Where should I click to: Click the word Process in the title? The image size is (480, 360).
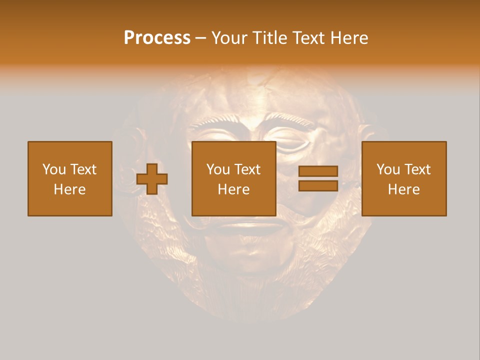(157, 37)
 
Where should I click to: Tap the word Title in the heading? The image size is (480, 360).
(270, 37)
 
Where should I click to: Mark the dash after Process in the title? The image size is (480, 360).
(200, 38)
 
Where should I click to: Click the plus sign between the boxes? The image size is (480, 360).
(152, 179)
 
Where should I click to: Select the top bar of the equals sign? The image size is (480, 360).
(318, 171)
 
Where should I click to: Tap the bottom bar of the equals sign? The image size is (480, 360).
(318, 186)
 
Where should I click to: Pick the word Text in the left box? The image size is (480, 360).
(82, 169)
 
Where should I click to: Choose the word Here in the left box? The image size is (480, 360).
(69, 189)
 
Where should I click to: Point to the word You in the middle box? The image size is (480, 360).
(218, 169)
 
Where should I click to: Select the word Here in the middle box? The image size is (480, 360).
(234, 189)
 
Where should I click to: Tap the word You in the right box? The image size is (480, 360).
(388, 169)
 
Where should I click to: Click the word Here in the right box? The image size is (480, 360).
(404, 189)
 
